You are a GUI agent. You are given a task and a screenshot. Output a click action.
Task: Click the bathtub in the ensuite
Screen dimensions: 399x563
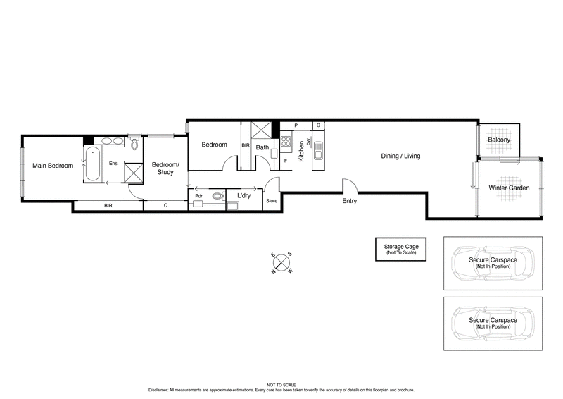[92, 166]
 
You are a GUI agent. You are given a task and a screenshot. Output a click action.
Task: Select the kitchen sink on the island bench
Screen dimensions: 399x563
[318, 151]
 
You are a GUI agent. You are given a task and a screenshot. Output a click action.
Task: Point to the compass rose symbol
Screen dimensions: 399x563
[281, 262]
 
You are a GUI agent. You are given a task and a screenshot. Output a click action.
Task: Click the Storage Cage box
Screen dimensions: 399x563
[400, 249]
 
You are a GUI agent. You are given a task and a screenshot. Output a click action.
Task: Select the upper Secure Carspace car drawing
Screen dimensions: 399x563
[493, 263]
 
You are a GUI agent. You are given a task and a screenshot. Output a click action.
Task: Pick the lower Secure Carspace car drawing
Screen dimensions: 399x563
[493, 323]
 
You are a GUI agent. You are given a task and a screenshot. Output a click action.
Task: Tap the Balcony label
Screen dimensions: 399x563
[499, 140]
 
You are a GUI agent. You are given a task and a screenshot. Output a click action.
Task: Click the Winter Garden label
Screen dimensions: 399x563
[509, 188]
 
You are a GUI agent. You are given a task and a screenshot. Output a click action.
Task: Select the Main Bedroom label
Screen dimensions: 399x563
[53, 166]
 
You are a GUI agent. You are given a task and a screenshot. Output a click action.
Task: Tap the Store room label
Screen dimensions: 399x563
[272, 201]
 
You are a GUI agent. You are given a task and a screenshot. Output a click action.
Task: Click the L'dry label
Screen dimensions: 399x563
[244, 195]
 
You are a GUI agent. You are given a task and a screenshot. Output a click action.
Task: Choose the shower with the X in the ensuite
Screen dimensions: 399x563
[133, 173]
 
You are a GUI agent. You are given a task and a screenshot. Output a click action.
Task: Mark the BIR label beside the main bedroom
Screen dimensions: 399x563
[108, 206]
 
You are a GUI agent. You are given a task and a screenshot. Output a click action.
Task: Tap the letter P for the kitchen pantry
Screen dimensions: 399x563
[296, 125]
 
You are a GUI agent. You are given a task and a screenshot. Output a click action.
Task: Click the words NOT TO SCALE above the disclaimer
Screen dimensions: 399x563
[281, 384]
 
